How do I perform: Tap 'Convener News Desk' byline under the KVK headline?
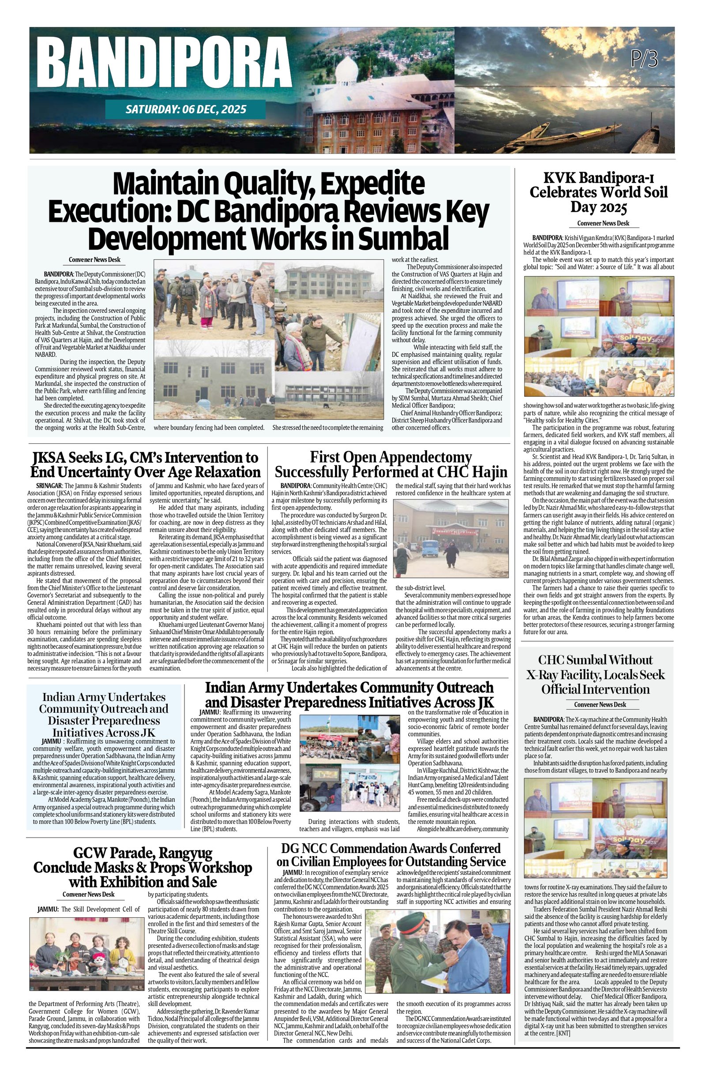(603, 223)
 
